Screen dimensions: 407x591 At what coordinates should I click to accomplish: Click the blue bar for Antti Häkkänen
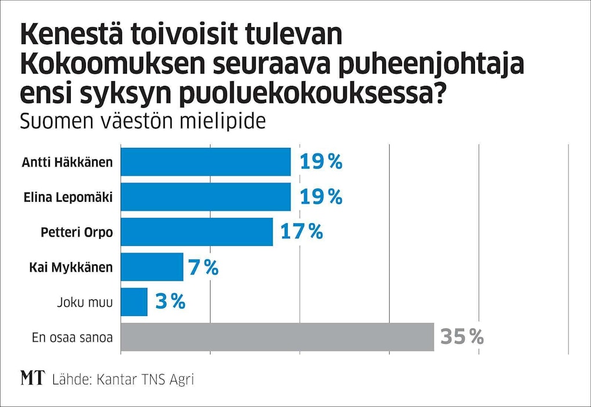click(205, 162)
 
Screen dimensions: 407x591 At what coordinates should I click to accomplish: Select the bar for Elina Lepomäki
click(205, 197)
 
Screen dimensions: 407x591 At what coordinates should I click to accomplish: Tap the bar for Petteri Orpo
click(197, 232)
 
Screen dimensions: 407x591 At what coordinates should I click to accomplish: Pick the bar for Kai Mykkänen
click(152, 267)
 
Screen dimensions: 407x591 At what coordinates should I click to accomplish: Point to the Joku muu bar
click(134, 302)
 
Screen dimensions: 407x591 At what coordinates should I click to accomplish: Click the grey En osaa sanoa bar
click(277, 337)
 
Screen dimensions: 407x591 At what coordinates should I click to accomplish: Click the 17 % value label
click(301, 232)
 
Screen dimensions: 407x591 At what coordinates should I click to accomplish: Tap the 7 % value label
click(203, 267)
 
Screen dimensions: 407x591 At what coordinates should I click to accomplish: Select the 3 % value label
click(170, 302)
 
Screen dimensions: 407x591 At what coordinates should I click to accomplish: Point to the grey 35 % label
click(462, 337)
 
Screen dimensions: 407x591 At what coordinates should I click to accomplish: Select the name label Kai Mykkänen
click(71, 267)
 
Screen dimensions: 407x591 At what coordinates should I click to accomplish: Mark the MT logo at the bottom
click(32, 379)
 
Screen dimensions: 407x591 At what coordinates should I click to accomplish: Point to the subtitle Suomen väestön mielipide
click(143, 122)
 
